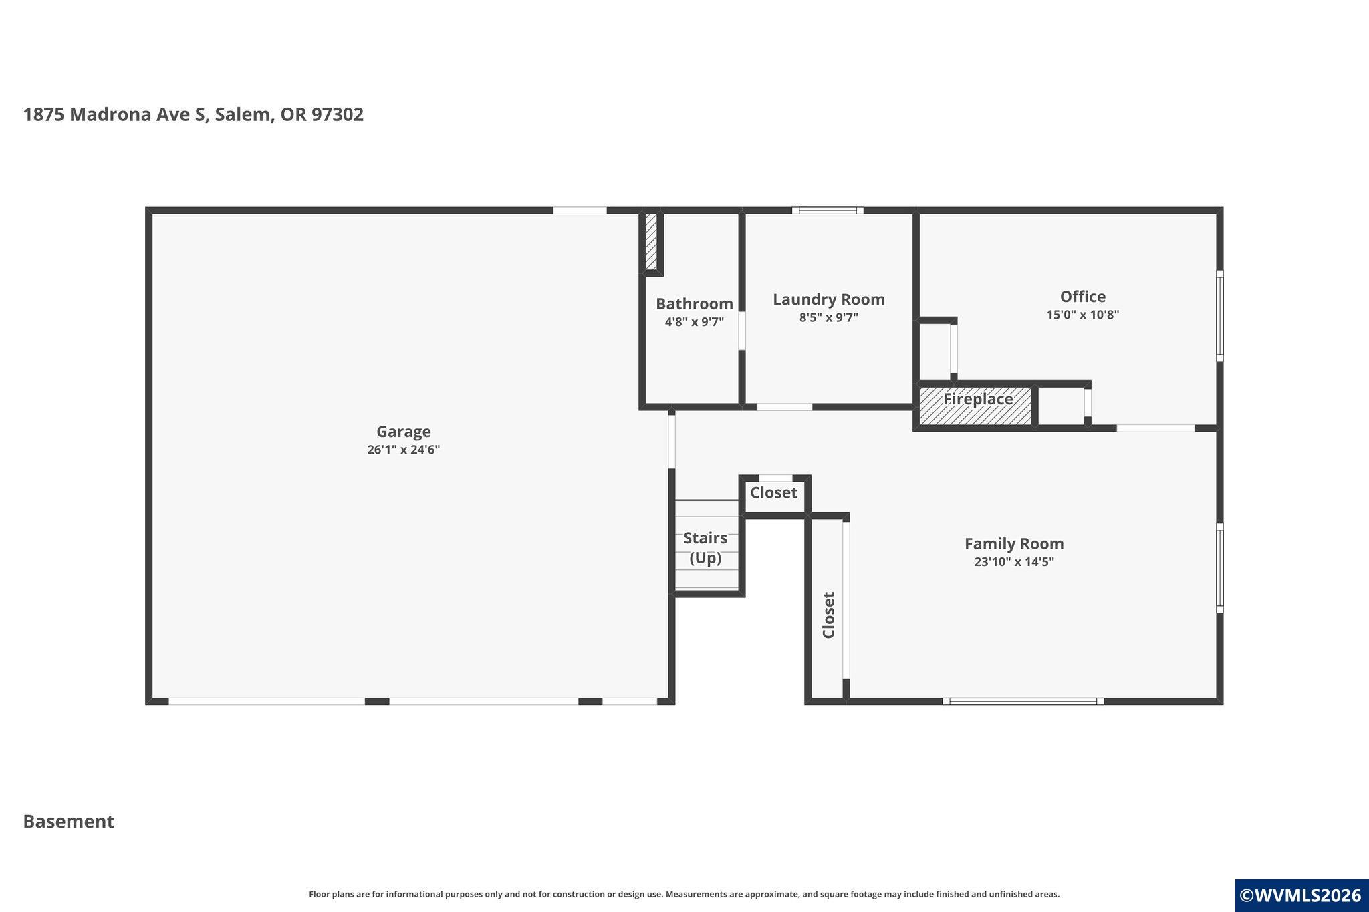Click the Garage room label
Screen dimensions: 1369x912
(403, 432)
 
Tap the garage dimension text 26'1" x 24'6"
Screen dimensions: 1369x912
(403, 450)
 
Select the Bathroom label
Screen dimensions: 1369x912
(695, 304)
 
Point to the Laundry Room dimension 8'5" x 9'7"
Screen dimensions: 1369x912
(829, 317)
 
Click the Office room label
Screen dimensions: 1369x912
(1083, 297)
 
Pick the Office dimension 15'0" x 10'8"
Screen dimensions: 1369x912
(1083, 315)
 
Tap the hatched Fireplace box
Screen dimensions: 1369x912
(976, 405)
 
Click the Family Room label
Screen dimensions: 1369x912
(1014, 544)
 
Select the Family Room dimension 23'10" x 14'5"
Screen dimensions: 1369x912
(1014, 562)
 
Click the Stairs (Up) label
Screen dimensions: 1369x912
(705, 548)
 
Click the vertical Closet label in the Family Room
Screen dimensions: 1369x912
(829, 615)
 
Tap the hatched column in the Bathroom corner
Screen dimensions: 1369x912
(652, 241)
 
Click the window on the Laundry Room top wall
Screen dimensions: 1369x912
(828, 210)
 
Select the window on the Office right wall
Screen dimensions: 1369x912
(1220, 316)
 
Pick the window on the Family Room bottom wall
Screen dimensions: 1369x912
(1023, 701)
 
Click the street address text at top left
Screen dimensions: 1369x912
(194, 115)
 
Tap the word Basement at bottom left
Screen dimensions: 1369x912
(69, 822)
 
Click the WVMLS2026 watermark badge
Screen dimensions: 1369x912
(1301, 895)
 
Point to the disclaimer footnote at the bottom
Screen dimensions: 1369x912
(684, 894)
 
